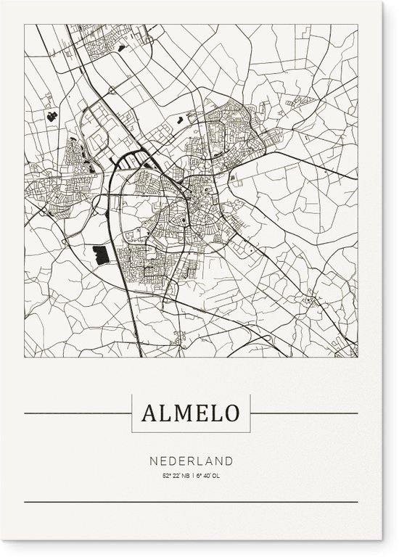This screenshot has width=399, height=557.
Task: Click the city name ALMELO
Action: click(191, 413)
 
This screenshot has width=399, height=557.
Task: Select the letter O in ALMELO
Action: click(230, 413)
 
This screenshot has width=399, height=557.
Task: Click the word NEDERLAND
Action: click(192, 461)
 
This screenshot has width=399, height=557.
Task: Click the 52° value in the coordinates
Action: click(166, 476)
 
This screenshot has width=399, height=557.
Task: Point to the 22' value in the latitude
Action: click(176, 476)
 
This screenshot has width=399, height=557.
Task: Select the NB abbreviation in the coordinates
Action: click(186, 476)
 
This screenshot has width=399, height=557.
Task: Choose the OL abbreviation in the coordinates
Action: click(216, 476)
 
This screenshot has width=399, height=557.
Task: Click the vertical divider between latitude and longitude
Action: click(193, 476)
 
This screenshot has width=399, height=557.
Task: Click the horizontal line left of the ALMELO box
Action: click(78, 413)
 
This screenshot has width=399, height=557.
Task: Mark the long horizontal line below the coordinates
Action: click(191, 502)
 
